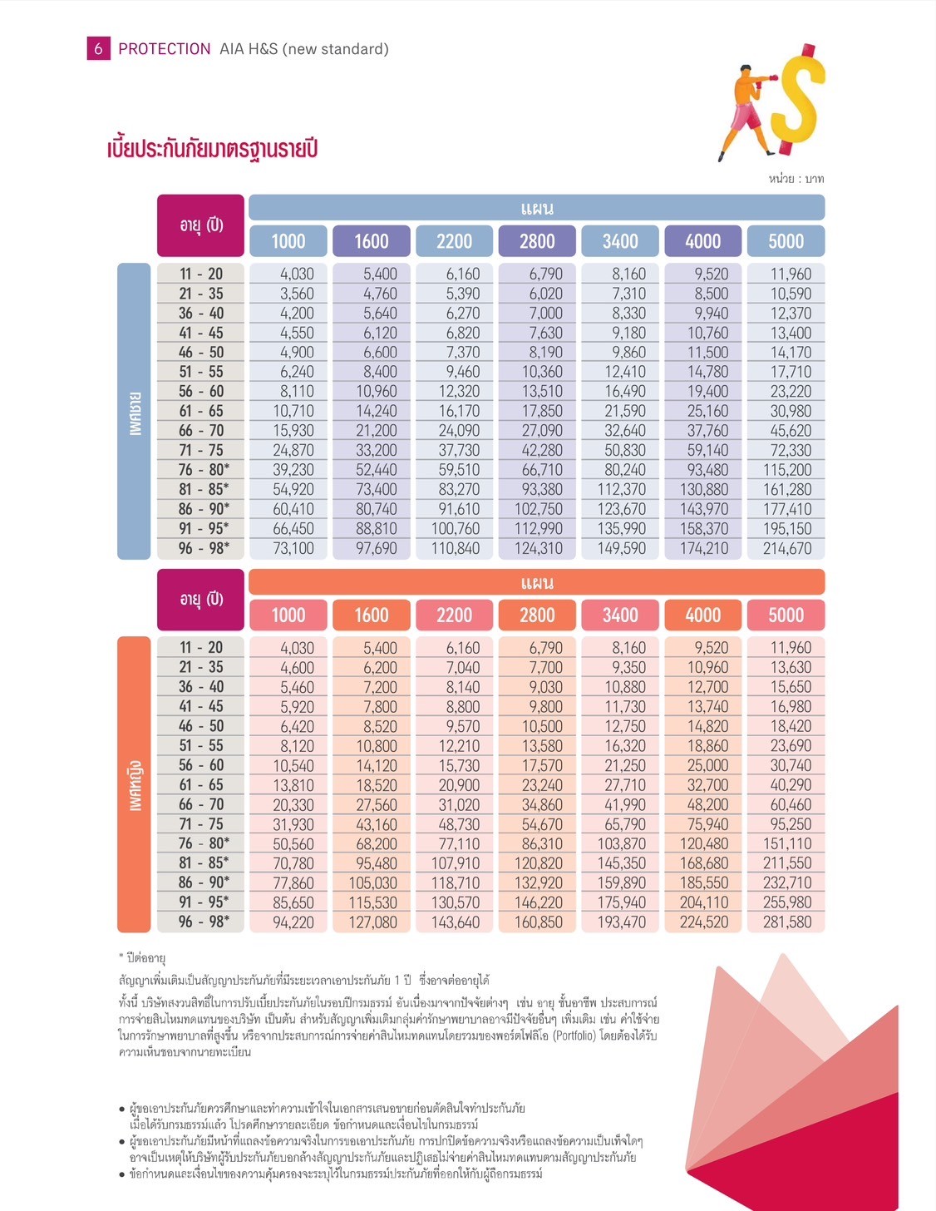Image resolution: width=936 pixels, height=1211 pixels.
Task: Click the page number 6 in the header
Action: (98, 49)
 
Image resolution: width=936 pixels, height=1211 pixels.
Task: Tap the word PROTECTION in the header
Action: (165, 49)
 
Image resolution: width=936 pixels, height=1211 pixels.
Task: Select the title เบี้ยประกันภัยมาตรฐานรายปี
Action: (213, 149)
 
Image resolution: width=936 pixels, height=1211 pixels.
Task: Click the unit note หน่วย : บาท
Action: (796, 179)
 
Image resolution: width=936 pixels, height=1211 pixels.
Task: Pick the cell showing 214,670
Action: (786, 548)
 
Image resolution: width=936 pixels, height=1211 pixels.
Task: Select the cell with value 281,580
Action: (786, 922)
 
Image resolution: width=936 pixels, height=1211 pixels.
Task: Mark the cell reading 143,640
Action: (456, 922)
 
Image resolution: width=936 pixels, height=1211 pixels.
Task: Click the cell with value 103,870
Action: (622, 843)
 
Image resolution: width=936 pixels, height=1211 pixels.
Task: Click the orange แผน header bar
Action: (536, 582)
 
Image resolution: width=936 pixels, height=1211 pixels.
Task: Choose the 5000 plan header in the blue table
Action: (786, 241)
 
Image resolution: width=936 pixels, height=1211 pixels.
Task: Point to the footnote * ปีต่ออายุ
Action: (143, 958)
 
